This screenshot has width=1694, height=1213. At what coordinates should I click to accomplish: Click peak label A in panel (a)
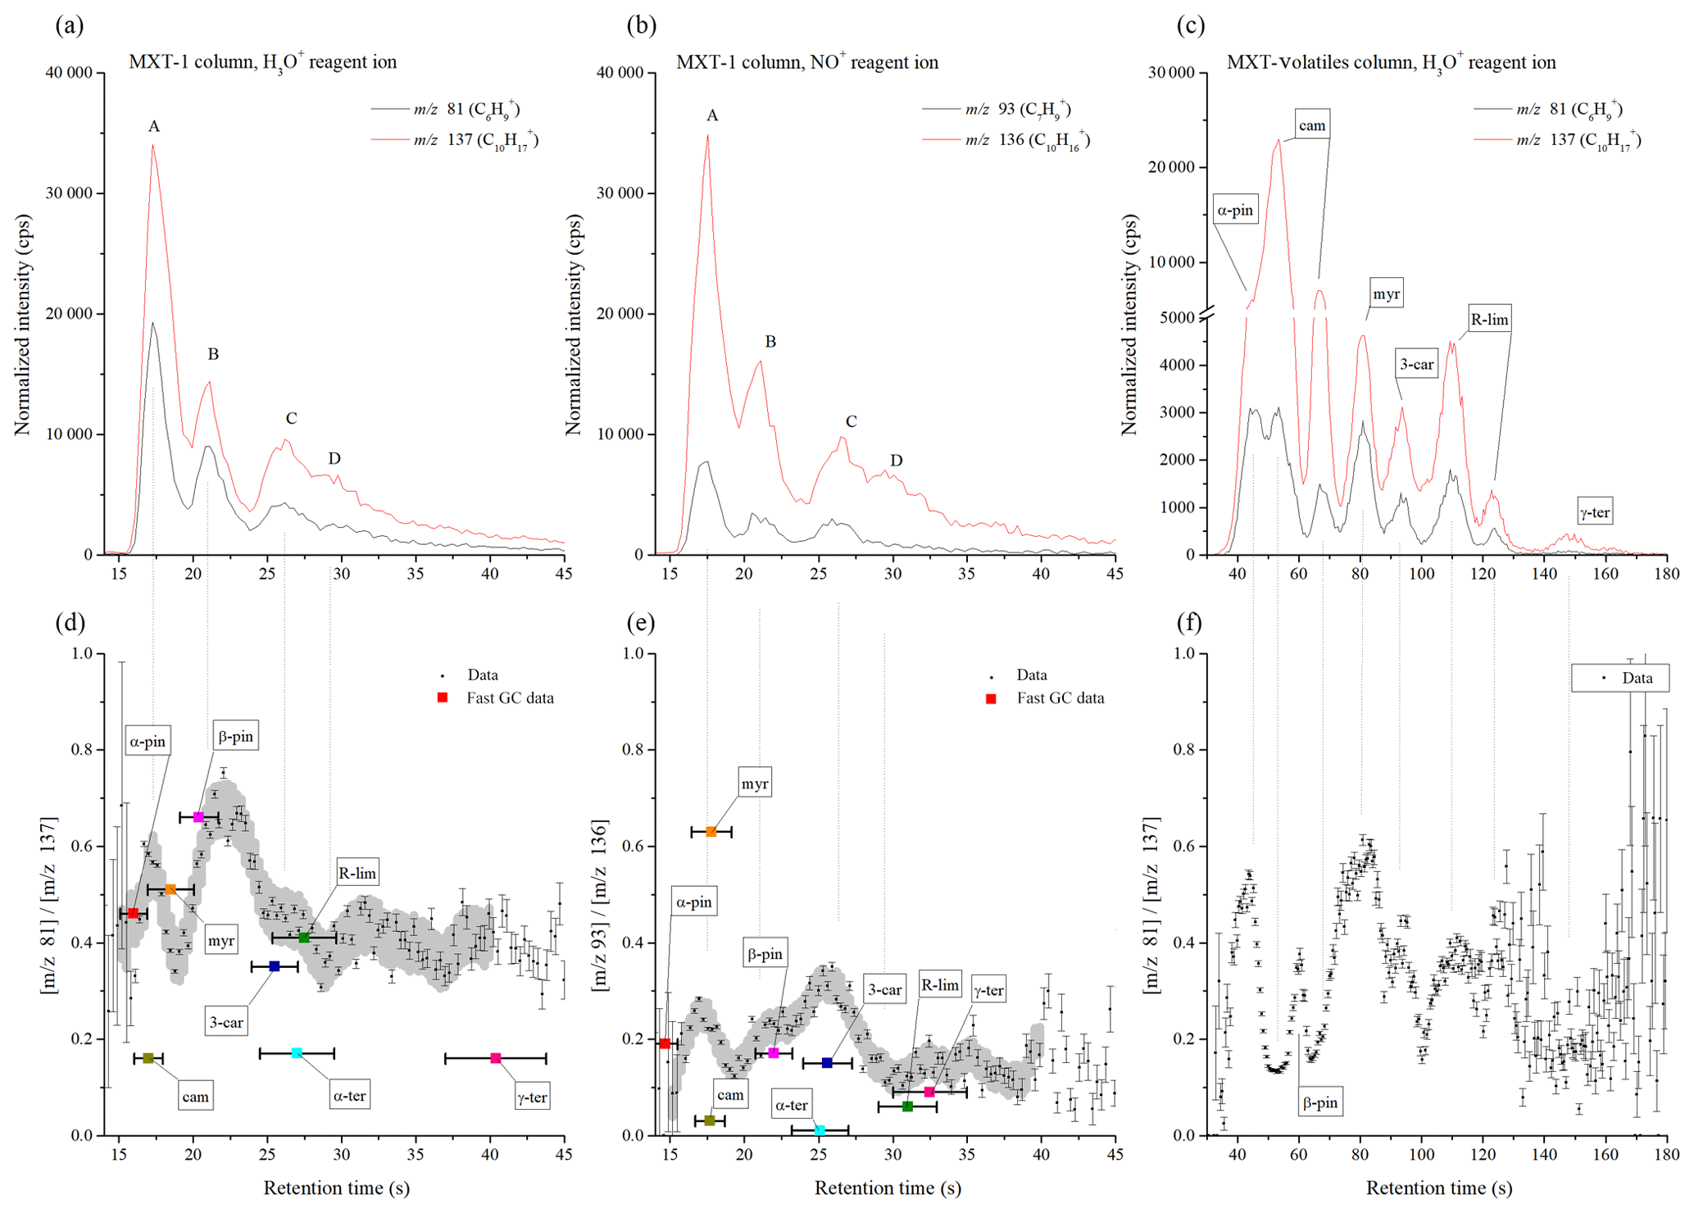tap(154, 126)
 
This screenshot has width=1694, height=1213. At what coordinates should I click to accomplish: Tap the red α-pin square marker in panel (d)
tap(134, 913)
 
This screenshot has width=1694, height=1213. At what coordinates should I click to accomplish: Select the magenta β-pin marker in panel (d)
tap(198, 817)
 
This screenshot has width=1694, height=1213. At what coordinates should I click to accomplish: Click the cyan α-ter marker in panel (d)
tap(297, 1052)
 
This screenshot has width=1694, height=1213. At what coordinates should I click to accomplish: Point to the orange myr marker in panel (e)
tap(711, 832)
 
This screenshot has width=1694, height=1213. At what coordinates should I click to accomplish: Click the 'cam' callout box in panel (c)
tap(1312, 125)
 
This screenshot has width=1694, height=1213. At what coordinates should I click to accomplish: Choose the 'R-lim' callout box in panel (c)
tap(1488, 320)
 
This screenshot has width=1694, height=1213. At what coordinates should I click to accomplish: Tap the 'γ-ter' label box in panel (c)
tap(1595, 513)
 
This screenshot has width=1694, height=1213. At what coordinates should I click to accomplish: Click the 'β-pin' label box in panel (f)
tap(1319, 1103)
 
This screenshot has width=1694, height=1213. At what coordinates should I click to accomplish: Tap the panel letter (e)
tap(640, 624)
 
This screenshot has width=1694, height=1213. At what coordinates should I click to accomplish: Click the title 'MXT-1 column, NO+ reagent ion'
tap(806, 62)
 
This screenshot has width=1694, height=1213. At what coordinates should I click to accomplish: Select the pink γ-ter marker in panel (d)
tap(495, 1058)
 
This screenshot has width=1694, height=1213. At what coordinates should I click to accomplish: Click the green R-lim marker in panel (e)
tap(907, 1106)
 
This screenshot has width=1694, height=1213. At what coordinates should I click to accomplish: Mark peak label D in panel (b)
tap(897, 461)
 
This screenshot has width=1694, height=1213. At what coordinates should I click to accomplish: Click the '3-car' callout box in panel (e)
tap(885, 990)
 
